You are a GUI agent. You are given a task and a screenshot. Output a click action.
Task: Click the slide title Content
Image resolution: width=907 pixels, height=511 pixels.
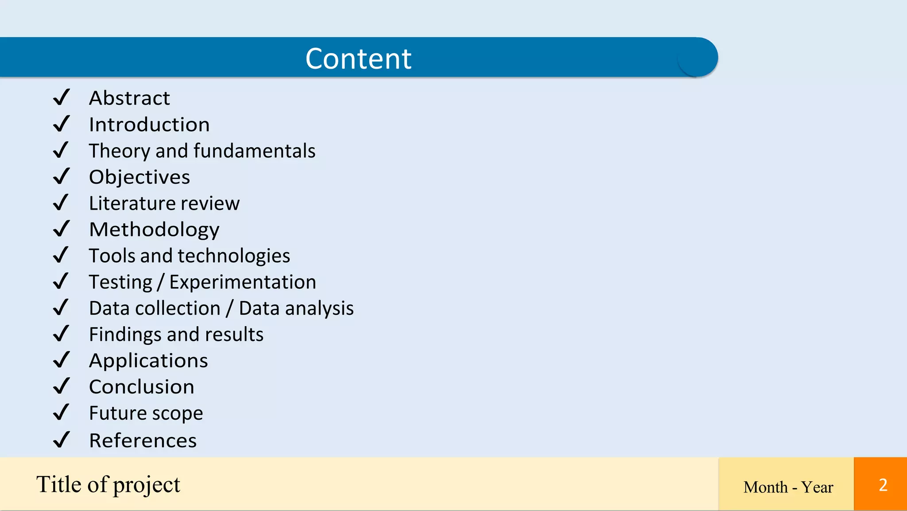coord(358,59)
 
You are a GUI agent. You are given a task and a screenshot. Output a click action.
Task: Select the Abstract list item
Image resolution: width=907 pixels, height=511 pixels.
coord(129,98)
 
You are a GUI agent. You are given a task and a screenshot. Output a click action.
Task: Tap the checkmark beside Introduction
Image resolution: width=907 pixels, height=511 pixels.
coord(61,124)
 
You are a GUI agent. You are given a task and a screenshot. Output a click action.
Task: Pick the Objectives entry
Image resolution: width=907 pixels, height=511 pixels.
coord(140,177)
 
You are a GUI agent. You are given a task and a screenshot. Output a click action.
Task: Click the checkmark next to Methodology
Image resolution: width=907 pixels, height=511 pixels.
coord(61,229)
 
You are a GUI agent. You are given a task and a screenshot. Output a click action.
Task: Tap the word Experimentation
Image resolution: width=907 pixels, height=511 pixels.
coord(243,282)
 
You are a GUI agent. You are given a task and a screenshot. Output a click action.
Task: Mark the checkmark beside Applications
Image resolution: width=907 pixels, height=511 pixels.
coord(61,360)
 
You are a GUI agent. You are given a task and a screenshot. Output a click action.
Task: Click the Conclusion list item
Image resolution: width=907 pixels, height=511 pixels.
coord(142,387)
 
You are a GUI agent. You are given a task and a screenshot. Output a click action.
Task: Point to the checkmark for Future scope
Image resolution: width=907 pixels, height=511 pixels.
coord(61,413)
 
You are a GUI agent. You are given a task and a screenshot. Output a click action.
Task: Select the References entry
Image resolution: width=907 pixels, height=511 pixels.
coord(143,441)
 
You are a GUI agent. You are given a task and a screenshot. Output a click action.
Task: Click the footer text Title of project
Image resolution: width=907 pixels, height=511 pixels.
coord(109,484)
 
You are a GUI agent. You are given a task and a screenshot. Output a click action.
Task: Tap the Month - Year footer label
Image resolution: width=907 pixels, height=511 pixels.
coord(788,487)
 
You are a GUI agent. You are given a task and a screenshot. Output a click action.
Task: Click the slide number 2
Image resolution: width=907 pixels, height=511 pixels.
coord(883,485)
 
